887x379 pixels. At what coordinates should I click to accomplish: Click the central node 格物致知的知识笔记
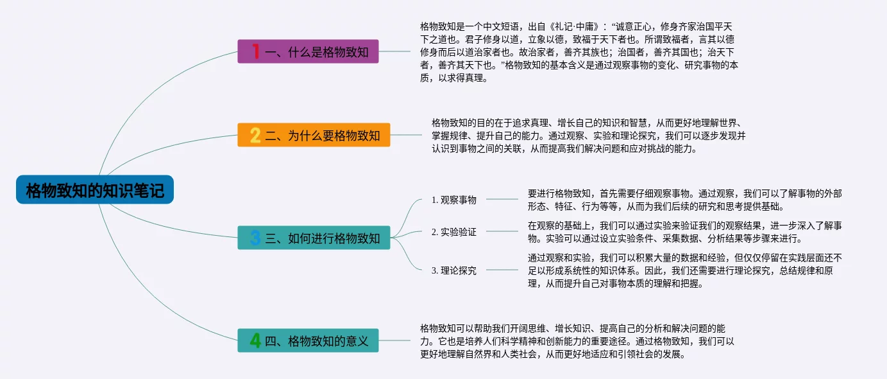coord(95,190)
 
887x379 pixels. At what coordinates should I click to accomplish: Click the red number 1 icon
coord(255,51)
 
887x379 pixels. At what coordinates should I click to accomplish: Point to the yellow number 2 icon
coord(255,135)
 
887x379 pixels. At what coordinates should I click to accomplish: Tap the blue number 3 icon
coord(255,238)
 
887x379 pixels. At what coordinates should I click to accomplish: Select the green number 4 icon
coord(255,340)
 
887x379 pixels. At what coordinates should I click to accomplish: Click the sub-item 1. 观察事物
coord(454,200)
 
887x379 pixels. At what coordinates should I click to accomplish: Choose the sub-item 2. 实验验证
coord(454,232)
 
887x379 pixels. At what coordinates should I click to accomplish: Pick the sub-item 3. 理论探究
coord(454,270)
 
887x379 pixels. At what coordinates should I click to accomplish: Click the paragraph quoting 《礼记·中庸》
coord(580,52)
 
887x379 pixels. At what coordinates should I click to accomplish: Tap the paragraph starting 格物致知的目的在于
coord(587,135)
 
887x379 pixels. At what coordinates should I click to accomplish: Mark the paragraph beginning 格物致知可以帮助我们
coord(576,340)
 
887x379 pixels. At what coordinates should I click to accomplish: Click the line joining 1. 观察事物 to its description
coord(502,199)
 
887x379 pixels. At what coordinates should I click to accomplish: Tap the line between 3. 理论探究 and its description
coord(502,270)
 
